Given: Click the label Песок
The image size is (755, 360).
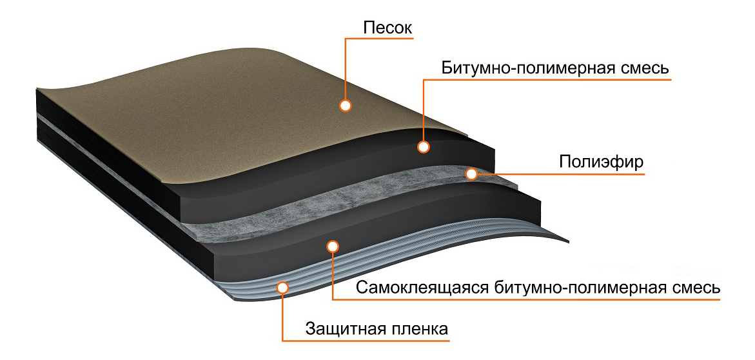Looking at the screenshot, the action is coord(387,28).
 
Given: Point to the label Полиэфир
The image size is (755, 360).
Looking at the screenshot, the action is coord(601,162).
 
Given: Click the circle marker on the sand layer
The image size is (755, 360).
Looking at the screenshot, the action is coord(345,106).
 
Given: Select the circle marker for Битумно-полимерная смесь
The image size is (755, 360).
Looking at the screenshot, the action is coord(423,146).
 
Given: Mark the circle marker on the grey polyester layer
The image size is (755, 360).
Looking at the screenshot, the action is coord(473,174).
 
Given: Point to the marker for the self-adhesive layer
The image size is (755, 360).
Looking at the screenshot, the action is coord(332,246).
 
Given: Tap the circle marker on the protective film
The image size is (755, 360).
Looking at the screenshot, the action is coord(282,288).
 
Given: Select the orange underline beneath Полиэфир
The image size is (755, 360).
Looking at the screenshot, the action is coord(562,174).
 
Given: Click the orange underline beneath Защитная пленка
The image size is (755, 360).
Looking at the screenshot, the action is coord(366,341).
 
